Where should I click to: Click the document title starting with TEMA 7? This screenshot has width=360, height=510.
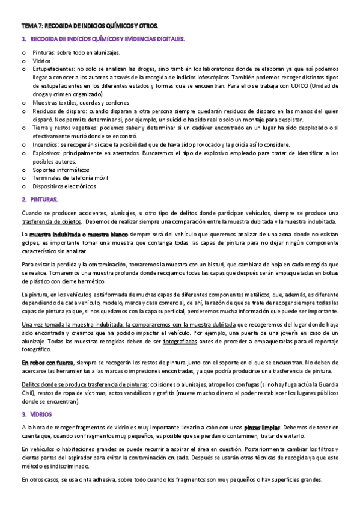pyautogui.click(x=90, y=27)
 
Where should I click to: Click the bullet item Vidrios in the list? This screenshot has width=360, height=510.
pyautogui.click(x=42, y=61)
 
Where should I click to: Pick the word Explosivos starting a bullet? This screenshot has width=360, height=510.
pyautogui.click(x=47, y=153)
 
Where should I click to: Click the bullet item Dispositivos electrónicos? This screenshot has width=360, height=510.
pyautogui.click(x=64, y=186)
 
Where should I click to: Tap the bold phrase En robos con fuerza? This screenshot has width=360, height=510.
pyautogui.click(x=47, y=363)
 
